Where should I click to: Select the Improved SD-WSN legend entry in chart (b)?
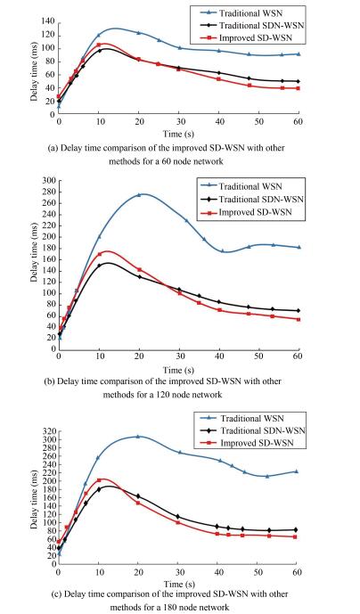[x=250, y=212]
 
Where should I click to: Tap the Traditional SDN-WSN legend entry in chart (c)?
[x=253, y=430]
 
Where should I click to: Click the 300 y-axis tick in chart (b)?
[x=50, y=181]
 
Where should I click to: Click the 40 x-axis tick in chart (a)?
[x=219, y=122]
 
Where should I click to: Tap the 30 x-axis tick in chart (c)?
[x=177, y=572]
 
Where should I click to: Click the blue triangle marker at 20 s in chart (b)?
[x=139, y=194]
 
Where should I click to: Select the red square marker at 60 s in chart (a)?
[x=299, y=88]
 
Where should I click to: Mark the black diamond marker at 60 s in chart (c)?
[x=296, y=530]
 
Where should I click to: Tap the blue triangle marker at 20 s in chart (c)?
[x=137, y=436]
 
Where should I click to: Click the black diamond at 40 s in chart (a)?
[x=218, y=73]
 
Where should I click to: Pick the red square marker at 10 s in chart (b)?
[x=99, y=254]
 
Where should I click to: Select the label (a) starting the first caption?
[x=52, y=149]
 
